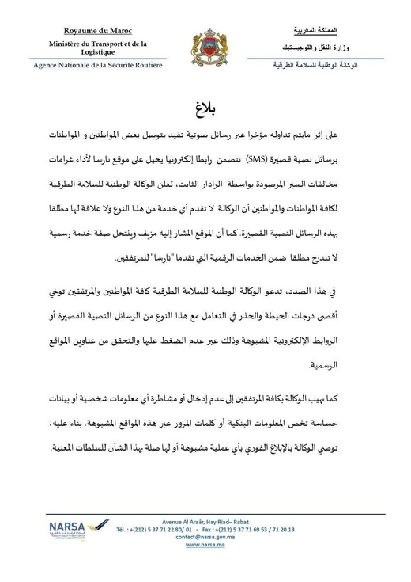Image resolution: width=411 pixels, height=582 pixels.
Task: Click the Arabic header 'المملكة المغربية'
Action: coord(315,30)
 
